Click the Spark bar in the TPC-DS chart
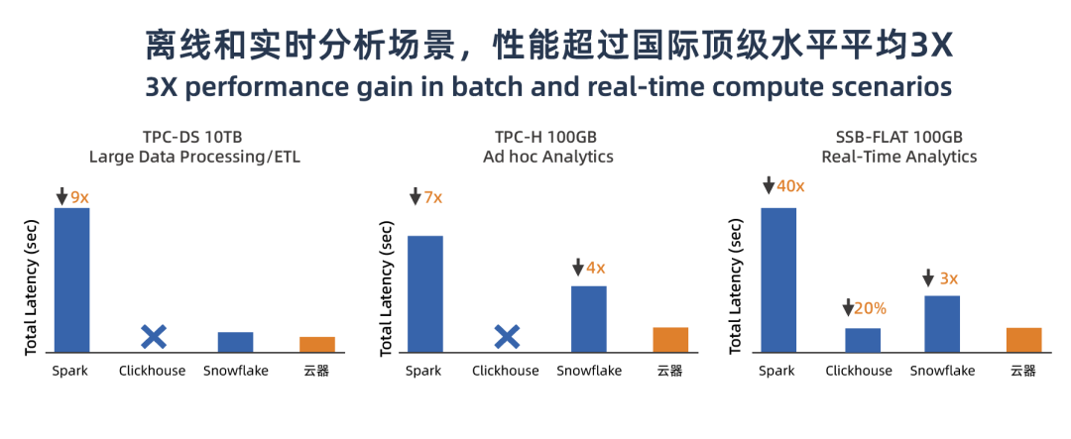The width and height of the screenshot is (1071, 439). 71,279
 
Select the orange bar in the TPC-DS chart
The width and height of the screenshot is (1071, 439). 317,345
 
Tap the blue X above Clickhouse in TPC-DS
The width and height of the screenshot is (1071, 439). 154,337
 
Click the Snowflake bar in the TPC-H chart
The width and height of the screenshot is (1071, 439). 589,319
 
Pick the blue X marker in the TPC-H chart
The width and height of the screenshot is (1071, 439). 507,337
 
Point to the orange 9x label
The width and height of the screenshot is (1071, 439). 80,198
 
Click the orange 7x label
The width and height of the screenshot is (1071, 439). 433,198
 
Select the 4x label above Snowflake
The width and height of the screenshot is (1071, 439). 596,269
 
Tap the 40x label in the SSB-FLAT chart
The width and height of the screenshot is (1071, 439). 791,185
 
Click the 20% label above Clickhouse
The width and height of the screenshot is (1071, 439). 871,308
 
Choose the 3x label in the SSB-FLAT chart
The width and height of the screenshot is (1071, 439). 949,278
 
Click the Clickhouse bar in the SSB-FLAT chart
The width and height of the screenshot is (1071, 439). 863,340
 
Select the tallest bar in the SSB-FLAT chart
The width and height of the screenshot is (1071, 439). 778,279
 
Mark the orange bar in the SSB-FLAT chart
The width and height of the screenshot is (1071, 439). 1023,340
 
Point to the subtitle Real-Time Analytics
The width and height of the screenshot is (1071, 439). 898,157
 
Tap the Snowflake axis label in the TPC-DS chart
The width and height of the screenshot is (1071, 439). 236,371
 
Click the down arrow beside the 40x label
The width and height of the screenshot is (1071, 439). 769,185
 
